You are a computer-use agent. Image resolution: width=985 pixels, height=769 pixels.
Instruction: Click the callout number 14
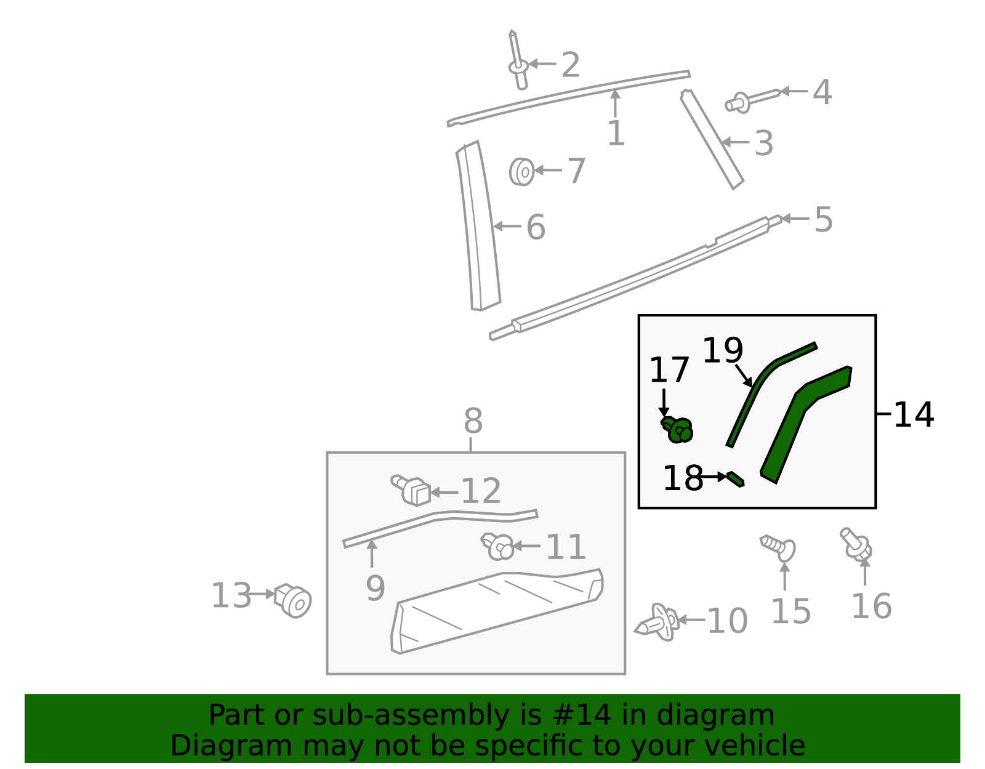pyautogui.click(x=914, y=415)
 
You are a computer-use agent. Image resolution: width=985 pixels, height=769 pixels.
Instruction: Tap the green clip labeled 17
pyautogui.click(x=678, y=429)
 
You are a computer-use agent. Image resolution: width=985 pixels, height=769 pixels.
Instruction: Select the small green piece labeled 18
pyautogui.click(x=735, y=478)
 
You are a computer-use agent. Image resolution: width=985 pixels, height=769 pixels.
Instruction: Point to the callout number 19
pyautogui.click(x=722, y=350)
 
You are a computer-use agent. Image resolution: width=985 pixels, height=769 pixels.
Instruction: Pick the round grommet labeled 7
pyautogui.click(x=521, y=171)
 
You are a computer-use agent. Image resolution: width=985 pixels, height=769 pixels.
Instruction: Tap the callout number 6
pyautogui.click(x=536, y=228)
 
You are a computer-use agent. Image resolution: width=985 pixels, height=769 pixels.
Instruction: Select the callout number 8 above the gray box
pyautogui.click(x=473, y=422)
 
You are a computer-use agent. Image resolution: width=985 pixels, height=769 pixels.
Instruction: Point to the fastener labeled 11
pyautogui.click(x=498, y=546)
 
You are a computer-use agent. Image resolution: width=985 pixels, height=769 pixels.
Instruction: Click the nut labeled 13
pyautogui.click(x=294, y=600)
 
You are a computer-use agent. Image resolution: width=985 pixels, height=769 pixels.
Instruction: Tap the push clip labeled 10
pyautogui.click(x=657, y=622)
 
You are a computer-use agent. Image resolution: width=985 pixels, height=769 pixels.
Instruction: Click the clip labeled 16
pyautogui.click(x=856, y=544)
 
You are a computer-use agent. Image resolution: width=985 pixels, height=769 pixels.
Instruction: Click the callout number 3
pyautogui.click(x=763, y=143)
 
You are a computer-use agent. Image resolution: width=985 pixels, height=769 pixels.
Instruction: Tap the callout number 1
pyautogui.click(x=616, y=134)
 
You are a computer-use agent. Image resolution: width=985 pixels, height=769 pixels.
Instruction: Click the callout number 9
pyautogui.click(x=375, y=588)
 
